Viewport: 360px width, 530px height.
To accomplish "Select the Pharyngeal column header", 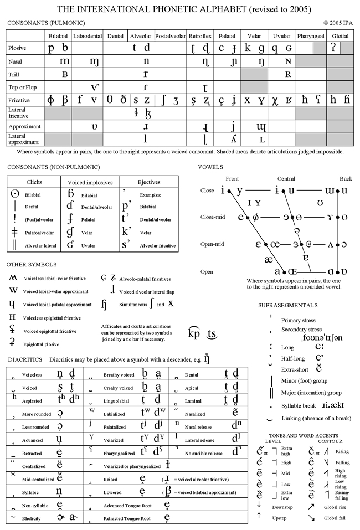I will pos(311,35).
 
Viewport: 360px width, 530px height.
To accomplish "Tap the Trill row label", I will pos(14,74).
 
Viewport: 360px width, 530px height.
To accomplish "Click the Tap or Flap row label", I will pos(22,86).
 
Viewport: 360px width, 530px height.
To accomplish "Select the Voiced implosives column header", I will pos(90,182).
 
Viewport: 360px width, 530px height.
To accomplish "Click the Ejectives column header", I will pos(149,182).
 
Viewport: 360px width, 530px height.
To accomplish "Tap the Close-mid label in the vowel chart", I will pos(210,217).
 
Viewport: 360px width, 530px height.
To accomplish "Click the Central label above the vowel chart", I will pos(286,178).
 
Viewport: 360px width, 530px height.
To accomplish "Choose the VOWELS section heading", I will pos(210,166).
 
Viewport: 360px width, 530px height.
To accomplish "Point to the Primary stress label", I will pos(299,320).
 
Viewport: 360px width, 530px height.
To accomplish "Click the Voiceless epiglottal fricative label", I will pos(52,318).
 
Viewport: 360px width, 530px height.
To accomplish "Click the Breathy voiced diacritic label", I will pos(119,375).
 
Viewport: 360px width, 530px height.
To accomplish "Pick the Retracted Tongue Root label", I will pos(127,519).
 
